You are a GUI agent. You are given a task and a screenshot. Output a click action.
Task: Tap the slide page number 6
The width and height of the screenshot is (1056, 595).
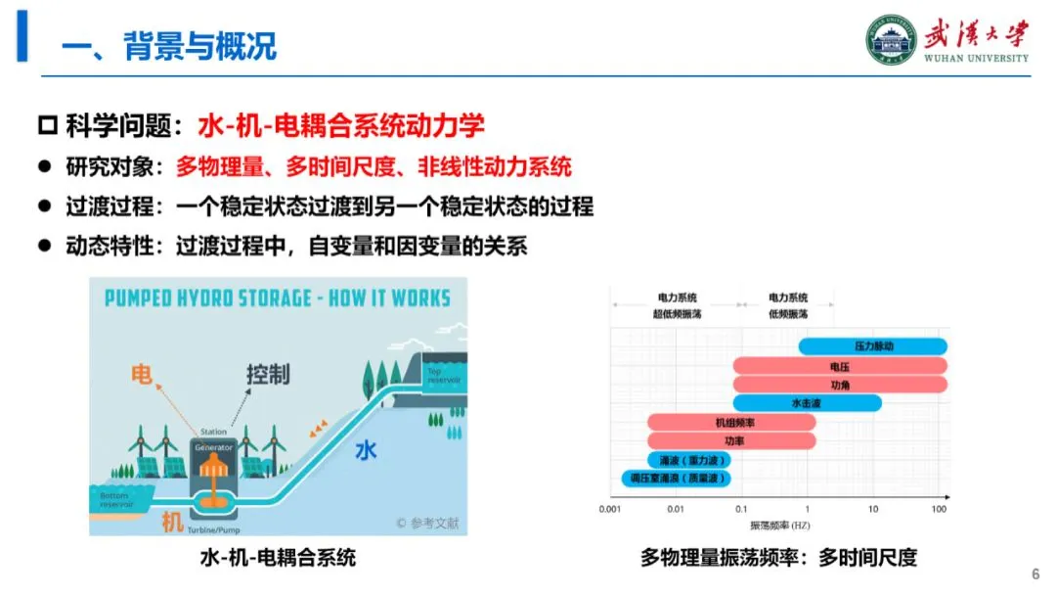tap(1035, 573)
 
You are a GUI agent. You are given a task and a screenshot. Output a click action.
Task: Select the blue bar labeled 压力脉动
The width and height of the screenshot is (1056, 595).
tap(873, 346)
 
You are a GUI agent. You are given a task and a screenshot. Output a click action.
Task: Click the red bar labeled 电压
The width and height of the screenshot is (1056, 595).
tap(840, 365)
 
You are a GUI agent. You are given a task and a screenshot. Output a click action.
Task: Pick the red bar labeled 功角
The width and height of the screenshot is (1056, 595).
tap(840, 384)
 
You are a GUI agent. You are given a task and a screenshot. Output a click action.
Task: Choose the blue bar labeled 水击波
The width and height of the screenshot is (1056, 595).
tap(808, 402)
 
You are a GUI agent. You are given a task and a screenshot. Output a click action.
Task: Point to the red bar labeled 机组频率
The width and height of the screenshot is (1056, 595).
tap(731, 422)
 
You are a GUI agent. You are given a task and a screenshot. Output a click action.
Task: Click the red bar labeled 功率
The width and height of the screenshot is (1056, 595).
tap(731, 440)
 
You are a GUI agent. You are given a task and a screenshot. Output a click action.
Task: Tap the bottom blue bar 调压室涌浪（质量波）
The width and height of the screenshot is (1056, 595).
tap(676, 478)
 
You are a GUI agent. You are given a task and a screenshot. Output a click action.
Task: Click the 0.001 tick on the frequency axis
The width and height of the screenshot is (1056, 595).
tap(610, 509)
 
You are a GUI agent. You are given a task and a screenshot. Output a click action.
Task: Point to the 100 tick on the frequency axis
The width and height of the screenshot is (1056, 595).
tap(940, 509)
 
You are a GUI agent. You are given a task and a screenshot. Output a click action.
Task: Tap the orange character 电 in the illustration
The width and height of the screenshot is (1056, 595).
tap(143, 374)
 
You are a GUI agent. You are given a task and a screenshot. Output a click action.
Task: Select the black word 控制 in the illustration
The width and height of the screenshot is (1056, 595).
tap(267, 375)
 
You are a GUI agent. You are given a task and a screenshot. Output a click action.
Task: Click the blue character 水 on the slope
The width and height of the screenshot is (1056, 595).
tap(366, 451)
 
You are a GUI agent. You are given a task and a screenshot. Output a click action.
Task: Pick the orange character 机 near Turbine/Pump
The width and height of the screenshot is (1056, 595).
tap(172, 523)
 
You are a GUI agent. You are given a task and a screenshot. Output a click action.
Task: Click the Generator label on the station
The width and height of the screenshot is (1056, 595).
tap(213, 447)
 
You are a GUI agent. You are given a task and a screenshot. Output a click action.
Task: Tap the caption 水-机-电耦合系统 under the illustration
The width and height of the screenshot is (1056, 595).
tap(278, 558)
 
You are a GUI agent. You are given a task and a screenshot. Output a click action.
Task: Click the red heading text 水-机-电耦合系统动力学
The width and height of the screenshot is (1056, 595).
tap(341, 125)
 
